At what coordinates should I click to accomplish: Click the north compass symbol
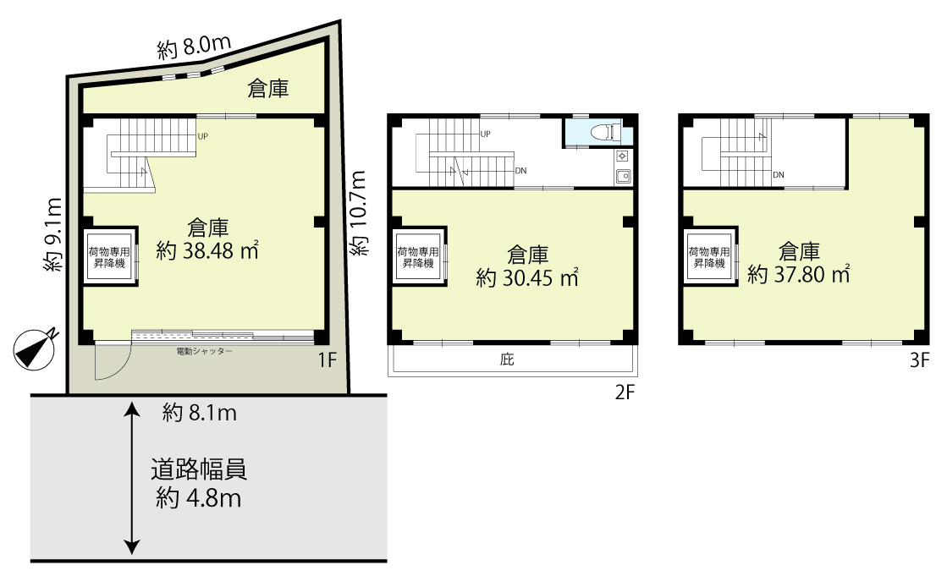[x=35, y=349]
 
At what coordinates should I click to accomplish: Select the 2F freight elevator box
[x=419, y=256]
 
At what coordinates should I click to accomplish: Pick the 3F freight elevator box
[x=710, y=257]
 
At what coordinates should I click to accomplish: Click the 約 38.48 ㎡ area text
[x=207, y=250]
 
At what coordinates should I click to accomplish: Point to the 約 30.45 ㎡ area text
[x=527, y=277]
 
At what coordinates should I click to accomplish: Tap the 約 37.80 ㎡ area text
[x=798, y=274]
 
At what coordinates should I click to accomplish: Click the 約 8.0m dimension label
[x=194, y=47]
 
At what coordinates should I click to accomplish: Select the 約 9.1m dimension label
[x=52, y=234]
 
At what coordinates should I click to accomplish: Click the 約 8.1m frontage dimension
[x=200, y=413]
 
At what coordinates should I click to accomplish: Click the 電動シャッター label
[x=204, y=351]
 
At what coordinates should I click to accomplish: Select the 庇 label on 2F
[x=507, y=359]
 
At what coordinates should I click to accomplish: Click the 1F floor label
[x=327, y=360]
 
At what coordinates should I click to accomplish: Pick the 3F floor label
[x=919, y=360]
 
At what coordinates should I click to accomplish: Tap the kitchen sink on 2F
[x=623, y=176]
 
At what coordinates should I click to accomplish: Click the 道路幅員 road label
[x=199, y=469]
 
